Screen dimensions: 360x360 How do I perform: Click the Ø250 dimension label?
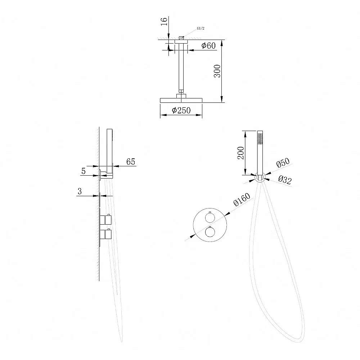click(181, 111)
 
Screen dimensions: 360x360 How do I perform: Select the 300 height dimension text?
click(217, 71)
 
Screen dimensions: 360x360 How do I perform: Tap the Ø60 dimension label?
click(208, 45)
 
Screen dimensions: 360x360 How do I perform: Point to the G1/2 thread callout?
click(201, 28)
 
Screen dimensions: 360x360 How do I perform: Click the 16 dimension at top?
click(164, 22)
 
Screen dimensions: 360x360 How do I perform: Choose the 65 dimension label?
click(131, 162)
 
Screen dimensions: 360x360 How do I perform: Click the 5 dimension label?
click(84, 171)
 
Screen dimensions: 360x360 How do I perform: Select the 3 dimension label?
click(80, 191)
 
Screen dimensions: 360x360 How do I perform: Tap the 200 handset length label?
click(241, 153)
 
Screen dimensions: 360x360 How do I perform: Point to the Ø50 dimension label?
click(283, 163)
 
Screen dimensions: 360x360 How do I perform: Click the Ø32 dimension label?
click(285, 180)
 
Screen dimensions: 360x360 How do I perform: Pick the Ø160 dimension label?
click(242, 199)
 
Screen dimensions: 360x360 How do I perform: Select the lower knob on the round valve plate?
click(210, 231)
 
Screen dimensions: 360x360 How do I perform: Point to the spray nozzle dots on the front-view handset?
click(260, 139)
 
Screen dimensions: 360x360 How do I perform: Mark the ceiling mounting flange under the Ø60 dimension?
click(181, 41)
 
